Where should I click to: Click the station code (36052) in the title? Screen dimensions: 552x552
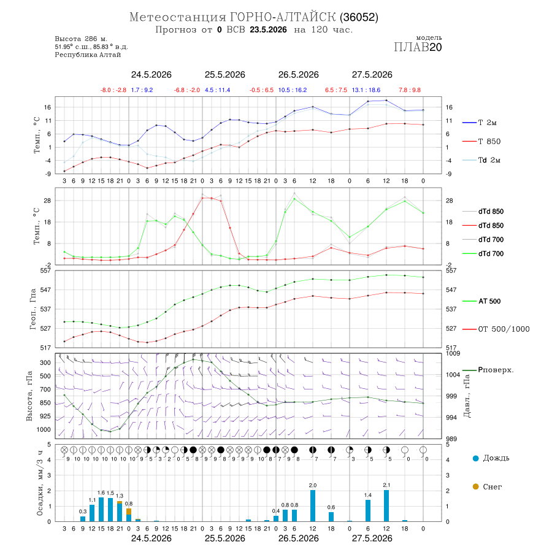click(359, 17)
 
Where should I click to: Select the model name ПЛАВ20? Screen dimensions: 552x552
click(418, 47)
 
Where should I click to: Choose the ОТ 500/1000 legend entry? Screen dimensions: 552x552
click(496, 329)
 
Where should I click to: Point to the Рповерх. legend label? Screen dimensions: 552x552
click(488, 370)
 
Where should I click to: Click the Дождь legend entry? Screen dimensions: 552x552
click(491, 458)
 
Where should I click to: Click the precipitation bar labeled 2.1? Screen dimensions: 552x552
click(386, 505)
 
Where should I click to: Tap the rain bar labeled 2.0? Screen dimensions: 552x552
click(313, 506)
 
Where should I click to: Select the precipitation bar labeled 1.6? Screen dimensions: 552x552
click(101, 510)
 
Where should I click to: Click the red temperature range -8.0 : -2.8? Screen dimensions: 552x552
click(113, 90)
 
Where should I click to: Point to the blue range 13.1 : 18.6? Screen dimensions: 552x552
click(366, 90)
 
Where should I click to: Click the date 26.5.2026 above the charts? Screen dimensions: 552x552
click(299, 75)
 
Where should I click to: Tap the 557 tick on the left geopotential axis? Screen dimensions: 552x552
click(46, 270)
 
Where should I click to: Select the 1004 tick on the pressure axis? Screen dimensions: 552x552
click(453, 375)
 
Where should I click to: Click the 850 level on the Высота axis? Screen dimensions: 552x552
click(45, 403)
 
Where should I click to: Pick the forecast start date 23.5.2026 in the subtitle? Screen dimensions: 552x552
click(268, 29)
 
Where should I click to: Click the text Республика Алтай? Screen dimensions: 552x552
click(88, 55)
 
